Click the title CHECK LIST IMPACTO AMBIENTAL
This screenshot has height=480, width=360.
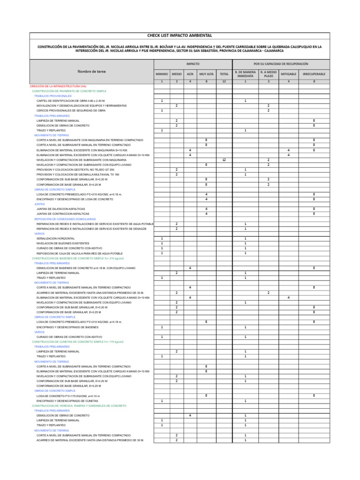tap(180, 36)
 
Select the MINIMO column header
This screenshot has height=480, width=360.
tap(162, 74)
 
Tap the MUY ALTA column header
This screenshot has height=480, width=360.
tap(206, 74)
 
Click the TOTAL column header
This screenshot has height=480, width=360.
tap(224, 74)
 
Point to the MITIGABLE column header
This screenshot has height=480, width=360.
tap(288, 74)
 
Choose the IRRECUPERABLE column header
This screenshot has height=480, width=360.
tap(314, 74)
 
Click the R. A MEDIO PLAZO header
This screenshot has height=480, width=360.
tap(269, 74)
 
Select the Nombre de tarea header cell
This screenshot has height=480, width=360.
tap(91, 71)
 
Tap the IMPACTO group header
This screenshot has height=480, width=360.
tap(193, 63)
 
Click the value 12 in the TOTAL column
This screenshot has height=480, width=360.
tap(224, 160)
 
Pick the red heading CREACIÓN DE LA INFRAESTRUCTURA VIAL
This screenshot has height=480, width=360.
tap(58, 86)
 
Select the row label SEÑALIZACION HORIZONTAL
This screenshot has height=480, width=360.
tap(55, 239)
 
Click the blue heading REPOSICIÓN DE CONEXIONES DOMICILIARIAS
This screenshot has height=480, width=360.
tap(65, 219)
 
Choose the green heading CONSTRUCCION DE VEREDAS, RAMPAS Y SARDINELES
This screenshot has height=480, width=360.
tap(79, 405)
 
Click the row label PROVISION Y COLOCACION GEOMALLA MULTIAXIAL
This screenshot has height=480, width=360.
tap(78, 174)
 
